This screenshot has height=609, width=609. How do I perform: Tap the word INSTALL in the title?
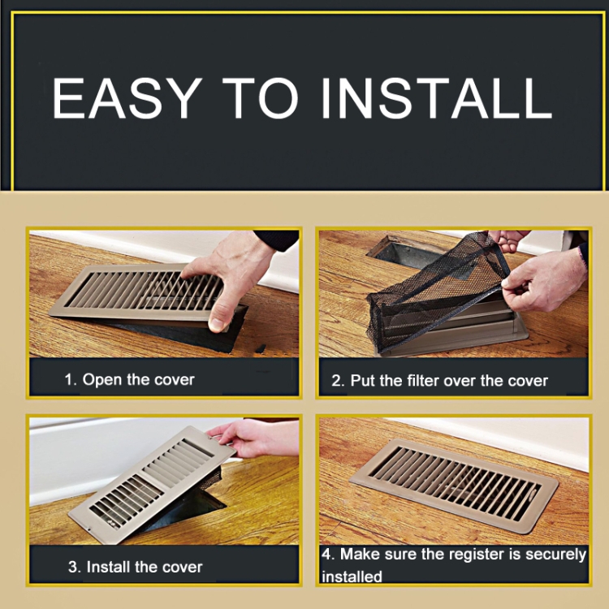437,98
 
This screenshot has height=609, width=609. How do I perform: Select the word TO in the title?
260,98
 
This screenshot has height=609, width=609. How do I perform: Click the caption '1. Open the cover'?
129,379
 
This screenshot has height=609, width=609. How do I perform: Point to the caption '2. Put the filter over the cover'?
439,381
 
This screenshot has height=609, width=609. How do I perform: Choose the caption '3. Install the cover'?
135,567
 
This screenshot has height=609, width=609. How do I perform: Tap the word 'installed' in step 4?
352,577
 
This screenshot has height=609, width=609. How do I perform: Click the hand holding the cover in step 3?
253,437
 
